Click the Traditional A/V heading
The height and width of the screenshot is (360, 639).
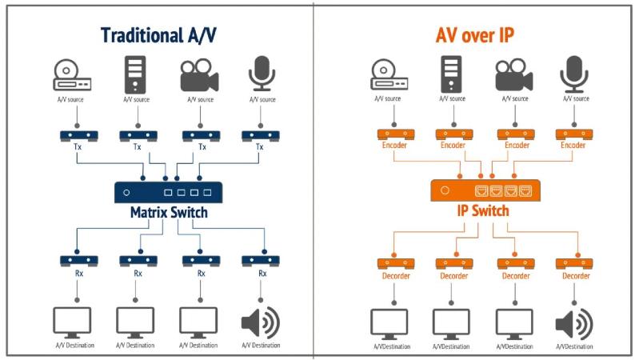coord(158,35)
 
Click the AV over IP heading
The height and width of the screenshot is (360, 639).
coord(475,35)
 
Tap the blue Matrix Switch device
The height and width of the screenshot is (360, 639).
coord(168,192)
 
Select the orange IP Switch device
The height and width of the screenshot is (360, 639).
coord(485,190)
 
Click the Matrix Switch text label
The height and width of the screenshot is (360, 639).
coord(169,213)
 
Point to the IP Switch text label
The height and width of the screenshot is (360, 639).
coord(483,210)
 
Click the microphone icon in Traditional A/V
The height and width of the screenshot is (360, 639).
coord(262,74)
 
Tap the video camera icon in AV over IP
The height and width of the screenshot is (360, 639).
coord(514,75)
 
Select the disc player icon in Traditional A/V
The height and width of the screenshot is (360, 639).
coord(72,75)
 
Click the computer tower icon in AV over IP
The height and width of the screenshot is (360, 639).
coord(451,74)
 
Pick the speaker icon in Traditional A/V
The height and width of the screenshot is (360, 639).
coord(261,323)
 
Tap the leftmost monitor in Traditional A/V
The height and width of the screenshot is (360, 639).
coord(72,323)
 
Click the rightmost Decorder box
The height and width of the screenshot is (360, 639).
coord(574,264)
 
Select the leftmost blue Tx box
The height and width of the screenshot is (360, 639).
coord(78,136)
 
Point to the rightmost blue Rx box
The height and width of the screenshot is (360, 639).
coord(261,261)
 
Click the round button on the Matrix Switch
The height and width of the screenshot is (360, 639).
coord(126,193)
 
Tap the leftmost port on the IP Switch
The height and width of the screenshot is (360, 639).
coord(481,190)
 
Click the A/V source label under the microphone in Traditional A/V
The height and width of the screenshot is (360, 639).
coord(262,99)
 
